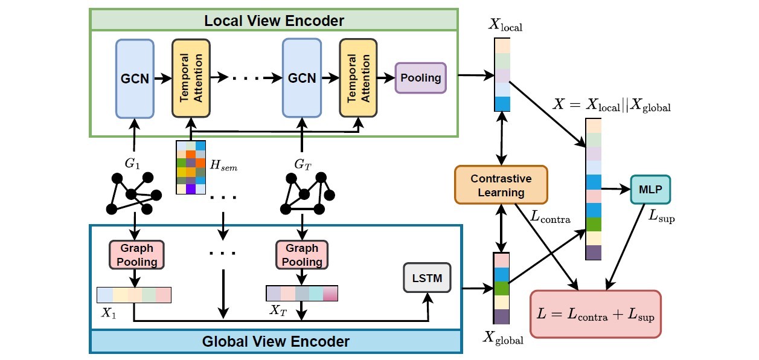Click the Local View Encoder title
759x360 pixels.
[274, 21]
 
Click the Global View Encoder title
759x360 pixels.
[275, 341]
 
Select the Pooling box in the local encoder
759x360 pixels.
[420, 78]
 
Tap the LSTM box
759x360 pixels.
[427, 278]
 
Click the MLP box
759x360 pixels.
[650, 189]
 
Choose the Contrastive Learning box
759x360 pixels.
[501, 185]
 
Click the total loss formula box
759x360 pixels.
[595, 314]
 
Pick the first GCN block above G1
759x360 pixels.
[134, 79]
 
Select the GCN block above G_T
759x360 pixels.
[302, 79]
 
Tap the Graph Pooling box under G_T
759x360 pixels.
[301, 254]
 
